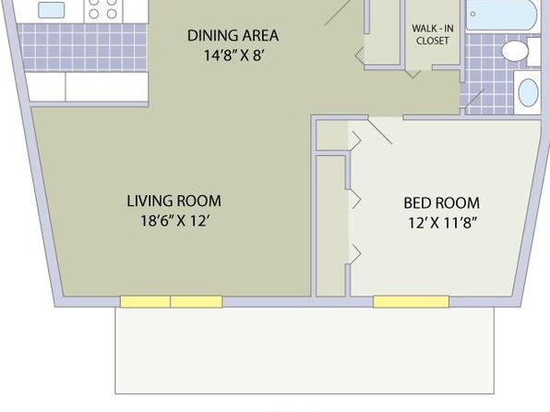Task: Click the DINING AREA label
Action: click(233, 36)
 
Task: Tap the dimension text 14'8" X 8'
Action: click(233, 55)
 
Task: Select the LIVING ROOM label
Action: click(174, 200)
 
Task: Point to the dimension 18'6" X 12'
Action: click(175, 221)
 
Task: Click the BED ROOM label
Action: click(442, 203)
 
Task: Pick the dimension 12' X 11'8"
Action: click(443, 223)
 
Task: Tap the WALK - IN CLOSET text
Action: click(433, 34)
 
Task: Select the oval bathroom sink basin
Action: click(528, 92)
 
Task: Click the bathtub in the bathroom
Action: click(502, 15)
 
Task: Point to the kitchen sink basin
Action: click(51, 10)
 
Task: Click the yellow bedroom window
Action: click(411, 302)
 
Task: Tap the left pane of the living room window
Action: click(145, 302)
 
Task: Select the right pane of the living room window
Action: click(197, 302)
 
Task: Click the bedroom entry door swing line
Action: click(380, 131)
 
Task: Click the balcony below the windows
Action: click(305, 350)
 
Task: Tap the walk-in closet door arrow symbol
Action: click(412, 74)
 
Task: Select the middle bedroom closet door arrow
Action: click(356, 200)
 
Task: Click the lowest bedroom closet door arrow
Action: click(356, 254)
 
